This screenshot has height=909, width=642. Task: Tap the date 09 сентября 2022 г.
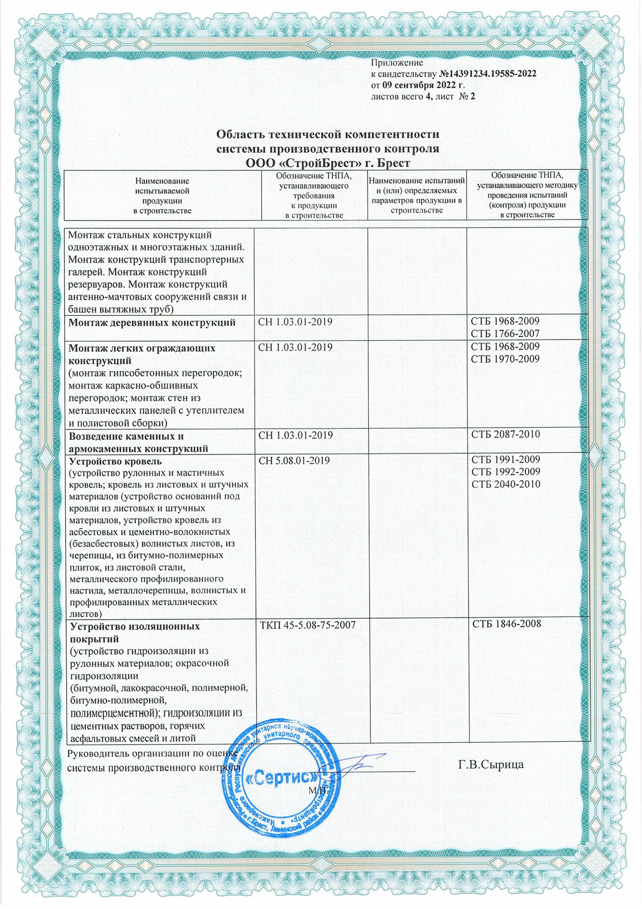(x=423, y=85)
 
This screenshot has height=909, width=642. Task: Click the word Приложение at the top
(x=397, y=63)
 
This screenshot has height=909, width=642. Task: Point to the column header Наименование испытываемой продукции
(x=162, y=196)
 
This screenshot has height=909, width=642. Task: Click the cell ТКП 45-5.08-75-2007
(x=308, y=625)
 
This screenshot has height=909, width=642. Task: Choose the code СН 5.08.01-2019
(x=294, y=460)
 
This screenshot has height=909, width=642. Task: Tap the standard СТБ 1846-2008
(x=506, y=624)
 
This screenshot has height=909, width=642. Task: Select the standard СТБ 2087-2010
(x=505, y=434)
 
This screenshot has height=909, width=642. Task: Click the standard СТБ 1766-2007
(x=505, y=334)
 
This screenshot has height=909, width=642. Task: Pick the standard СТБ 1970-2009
(x=505, y=359)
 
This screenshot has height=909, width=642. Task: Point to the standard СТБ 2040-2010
(x=505, y=485)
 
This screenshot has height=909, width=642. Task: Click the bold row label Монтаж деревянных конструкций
(x=152, y=323)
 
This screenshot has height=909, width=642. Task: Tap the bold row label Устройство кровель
(x=115, y=461)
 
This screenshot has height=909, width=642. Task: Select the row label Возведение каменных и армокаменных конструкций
(x=139, y=442)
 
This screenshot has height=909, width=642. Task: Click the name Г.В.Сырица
(x=491, y=764)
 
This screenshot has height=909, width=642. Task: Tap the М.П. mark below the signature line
(x=317, y=790)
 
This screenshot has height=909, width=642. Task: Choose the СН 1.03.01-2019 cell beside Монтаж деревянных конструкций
(x=295, y=322)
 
